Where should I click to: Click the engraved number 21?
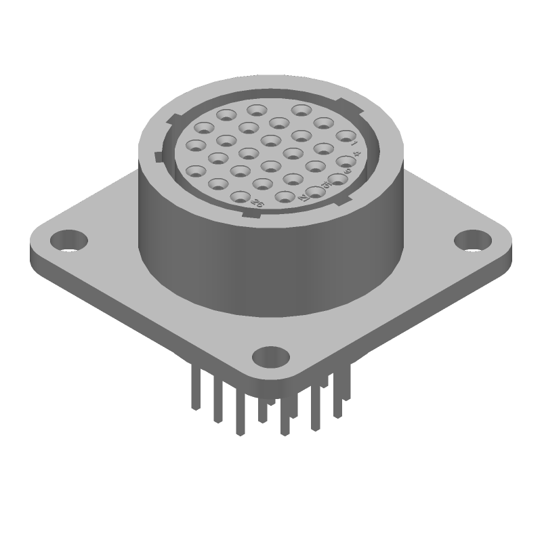pos(303,197)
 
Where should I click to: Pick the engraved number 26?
pos(257,202)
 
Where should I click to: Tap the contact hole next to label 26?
pos(241,196)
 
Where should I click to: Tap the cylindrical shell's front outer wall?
pos(271,271)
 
